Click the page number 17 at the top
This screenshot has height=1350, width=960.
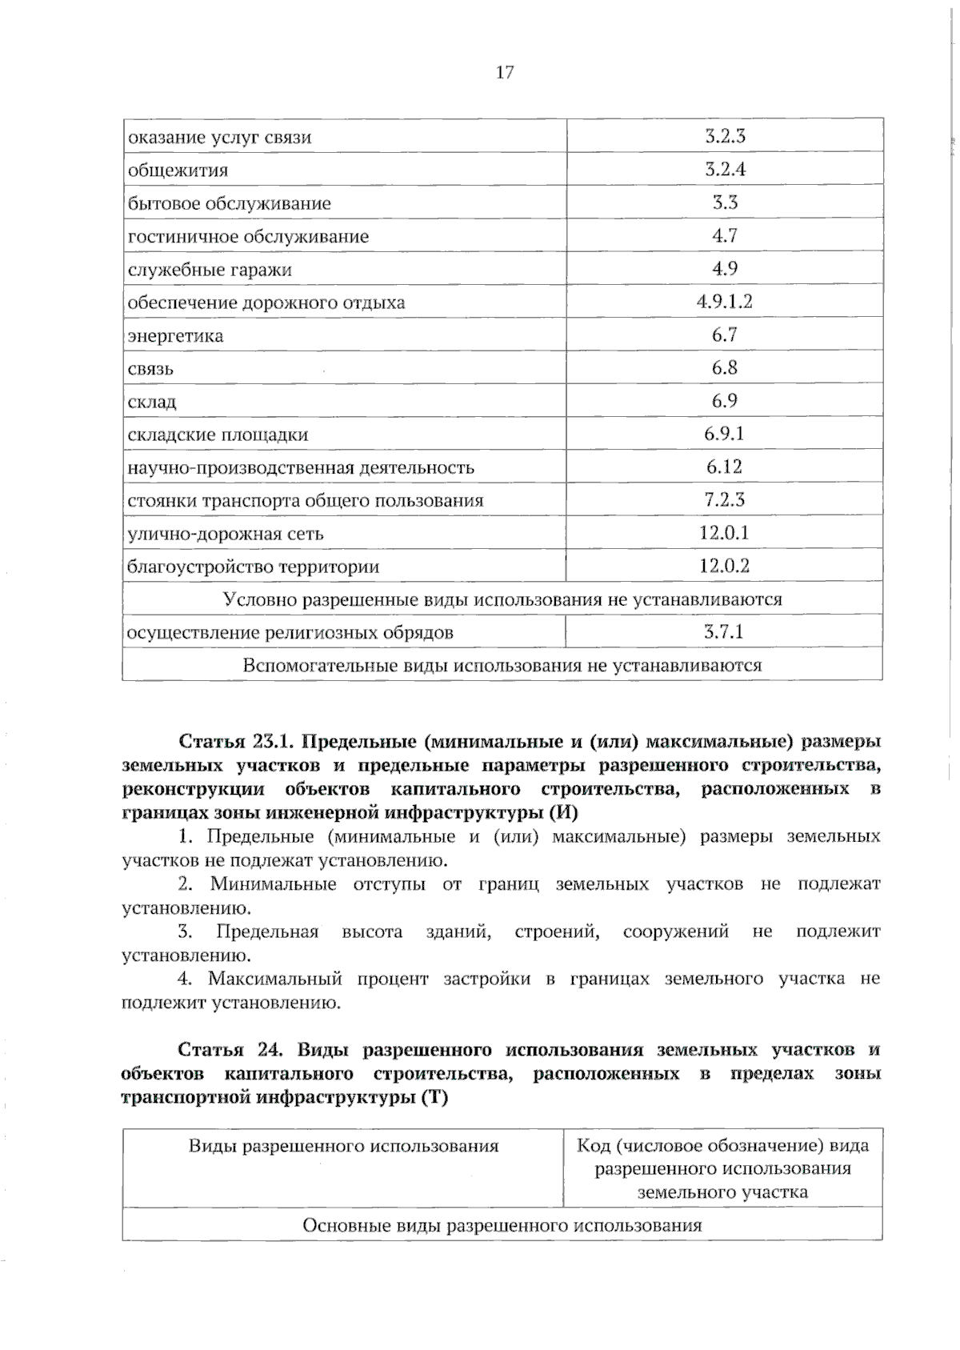(505, 73)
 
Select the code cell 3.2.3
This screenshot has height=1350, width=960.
(725, 136)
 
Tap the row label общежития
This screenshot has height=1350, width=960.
(178, 170)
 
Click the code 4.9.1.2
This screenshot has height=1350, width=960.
(725, 302)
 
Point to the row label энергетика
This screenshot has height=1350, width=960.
(175, 336)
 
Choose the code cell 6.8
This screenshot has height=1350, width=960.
(725, 368)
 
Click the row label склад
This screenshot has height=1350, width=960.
(152, 402)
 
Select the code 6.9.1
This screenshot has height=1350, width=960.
(725, 434)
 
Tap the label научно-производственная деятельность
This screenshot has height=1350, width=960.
(301, 467)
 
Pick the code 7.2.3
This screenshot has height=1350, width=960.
(725, 500)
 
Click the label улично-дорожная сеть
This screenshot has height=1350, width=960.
(226, 534)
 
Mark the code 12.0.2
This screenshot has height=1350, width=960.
(725, 567)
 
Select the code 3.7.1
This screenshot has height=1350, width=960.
(724, 632)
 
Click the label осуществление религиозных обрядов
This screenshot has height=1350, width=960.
(290, 633)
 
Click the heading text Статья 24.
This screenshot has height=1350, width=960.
(226, 1050)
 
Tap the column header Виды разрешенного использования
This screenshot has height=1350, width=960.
(343, 1146)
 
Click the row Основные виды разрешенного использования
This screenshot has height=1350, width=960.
(502, 1225)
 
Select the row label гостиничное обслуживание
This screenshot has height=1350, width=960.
(248, 237)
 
